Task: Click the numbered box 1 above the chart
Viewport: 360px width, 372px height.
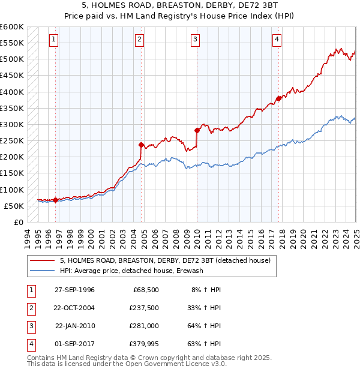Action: point(53,40)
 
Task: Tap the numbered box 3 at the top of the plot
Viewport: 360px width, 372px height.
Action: point(196,40)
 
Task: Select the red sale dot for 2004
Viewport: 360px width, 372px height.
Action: point(141,145)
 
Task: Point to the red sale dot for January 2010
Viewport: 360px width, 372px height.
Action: point(197,130)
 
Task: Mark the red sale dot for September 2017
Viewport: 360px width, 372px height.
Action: point(278,98)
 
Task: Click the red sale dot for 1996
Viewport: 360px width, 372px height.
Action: point(55,200)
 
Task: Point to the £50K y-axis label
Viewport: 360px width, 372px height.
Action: point(14,206)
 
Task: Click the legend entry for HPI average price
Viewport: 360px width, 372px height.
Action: point(131,271)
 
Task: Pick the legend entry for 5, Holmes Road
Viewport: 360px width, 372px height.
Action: point(166,260)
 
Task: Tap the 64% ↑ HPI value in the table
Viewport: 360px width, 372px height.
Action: point(205,326)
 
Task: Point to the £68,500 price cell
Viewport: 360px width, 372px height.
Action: point(145,290)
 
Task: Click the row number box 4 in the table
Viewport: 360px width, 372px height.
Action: point(30,344)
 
